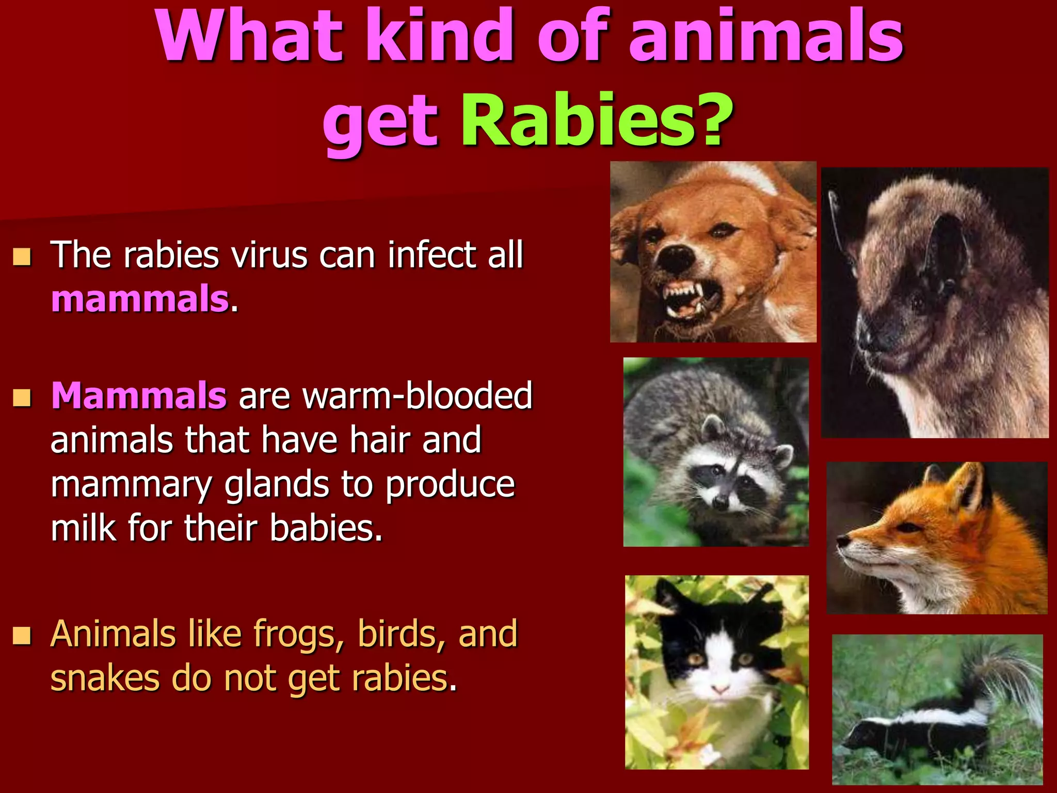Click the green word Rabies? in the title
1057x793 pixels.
click(596, 121)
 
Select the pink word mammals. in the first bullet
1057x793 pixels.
click(140, 299)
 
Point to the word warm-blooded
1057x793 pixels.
click(417, 396)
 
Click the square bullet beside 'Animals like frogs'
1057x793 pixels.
click(22, 636)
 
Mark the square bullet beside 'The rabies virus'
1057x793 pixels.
click(22, 257)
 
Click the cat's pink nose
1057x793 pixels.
click(720, 689)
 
